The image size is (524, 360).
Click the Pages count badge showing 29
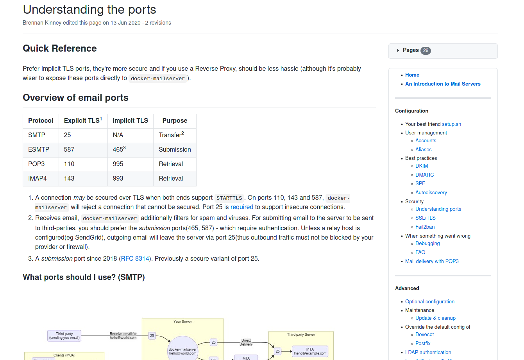(x=426, y=50)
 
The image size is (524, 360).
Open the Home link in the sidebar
(x=412, y=75)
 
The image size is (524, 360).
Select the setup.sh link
(x=451, y=124)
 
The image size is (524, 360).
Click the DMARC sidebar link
(x=424, y=175)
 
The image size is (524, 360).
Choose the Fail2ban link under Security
(x=425, y=227)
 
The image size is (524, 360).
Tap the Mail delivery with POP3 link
(x=432, y=261)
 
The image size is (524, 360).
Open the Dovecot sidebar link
(x=424, y=334)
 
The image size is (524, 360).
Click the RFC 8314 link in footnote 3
(x=135, y=258)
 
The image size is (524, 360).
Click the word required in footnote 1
(x=241, y=207)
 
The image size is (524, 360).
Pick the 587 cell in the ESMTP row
(x=69, y=149)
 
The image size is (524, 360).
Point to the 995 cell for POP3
(x=118, y=164)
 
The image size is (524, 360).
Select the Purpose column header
(x=175, y=120)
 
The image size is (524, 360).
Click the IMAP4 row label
(x=38, y=178)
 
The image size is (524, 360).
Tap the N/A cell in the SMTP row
(x=118, y=135)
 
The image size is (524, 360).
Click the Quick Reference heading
(x=60, y=48)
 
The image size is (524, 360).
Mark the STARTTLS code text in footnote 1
(x=229, y=198)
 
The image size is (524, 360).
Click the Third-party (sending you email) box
(x=64, y=336)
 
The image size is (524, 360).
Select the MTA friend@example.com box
(x=310, y=351)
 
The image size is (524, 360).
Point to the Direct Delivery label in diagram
(x=246, y=342)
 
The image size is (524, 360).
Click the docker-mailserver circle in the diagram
(x=182, y=350)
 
